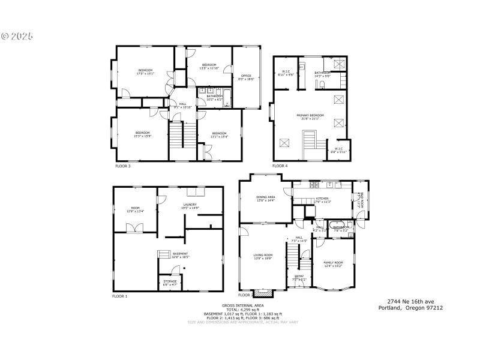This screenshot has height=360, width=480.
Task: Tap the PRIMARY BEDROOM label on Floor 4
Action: coord(310,116)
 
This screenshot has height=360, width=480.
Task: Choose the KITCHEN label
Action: coord(322,200)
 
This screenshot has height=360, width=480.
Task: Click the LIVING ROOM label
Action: coord(263,257)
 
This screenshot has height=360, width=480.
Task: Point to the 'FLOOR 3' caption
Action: coord(122,166)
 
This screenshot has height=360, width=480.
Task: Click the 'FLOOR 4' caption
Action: coord(280,166)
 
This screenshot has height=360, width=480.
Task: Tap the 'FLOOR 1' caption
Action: coord(119,296)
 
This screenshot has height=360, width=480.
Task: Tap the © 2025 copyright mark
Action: coord(17,36)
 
